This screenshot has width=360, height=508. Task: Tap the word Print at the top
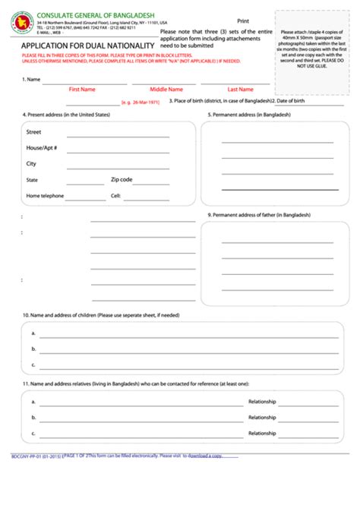(x=243, y=21)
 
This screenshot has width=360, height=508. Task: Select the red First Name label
(x=82, y=89)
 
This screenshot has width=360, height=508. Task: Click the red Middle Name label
(x=166, y=89)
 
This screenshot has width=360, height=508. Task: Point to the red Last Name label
(x=240, y=89)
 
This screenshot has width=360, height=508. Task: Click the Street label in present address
(x=33, y=132)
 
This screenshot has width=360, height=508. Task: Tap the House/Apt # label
(x=42, y=147)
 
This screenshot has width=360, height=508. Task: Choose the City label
(x=31, y=163)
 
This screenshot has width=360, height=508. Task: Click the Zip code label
(x=122, y=180)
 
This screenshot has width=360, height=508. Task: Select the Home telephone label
(x=45, y=196)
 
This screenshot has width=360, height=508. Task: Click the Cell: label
(x=115, y=196)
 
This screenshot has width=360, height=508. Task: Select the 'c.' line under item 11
(x=137, y=434)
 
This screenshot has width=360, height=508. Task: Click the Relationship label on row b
(x=262, y=418)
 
